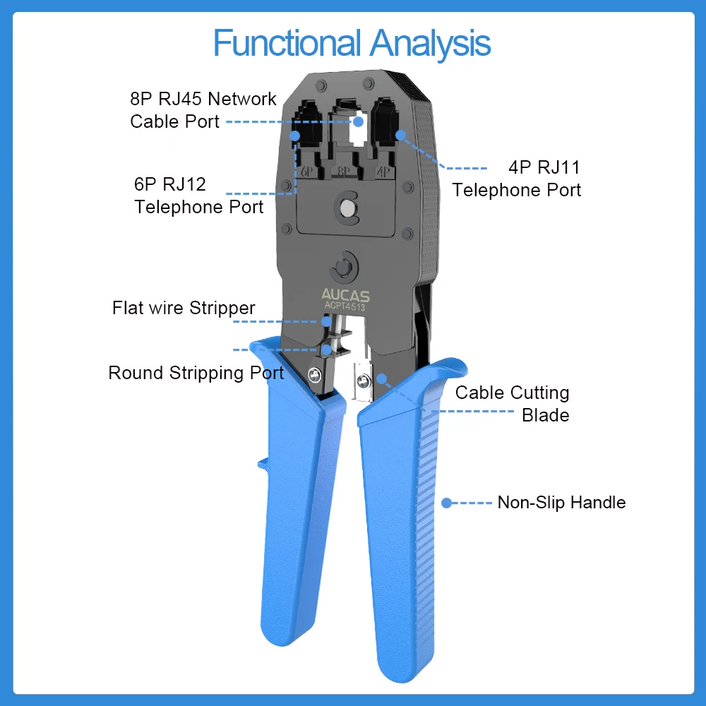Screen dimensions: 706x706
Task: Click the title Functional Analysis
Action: [352, 43]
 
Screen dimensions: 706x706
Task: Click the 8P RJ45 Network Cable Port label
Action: [203, 109]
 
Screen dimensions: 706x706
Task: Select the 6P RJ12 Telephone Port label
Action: [198, 196]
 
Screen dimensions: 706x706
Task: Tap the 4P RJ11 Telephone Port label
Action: [517, 179]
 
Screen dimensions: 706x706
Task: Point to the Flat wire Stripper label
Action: [184, 309]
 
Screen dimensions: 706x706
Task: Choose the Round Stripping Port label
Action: [196, 373]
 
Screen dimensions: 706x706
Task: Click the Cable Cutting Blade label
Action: [513, 403]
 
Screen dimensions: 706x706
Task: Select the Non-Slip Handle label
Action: [561, 503]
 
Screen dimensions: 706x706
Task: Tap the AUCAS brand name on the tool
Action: [345, 295]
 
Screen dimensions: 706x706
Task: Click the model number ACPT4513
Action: [345, 306]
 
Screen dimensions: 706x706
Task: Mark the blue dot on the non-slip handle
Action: [446, 503]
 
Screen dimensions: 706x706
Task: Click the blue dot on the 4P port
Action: [401, 134]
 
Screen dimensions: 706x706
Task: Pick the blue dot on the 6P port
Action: [296, 134]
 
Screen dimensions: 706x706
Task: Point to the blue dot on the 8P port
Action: [358, 121]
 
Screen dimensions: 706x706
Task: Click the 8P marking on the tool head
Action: [345, 172]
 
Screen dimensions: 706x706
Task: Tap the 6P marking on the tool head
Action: [306, 172]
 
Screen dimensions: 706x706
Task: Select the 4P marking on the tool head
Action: [383, 172]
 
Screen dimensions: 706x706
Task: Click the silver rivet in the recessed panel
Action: [346, 208]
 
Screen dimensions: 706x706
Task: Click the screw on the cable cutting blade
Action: [362, 381]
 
